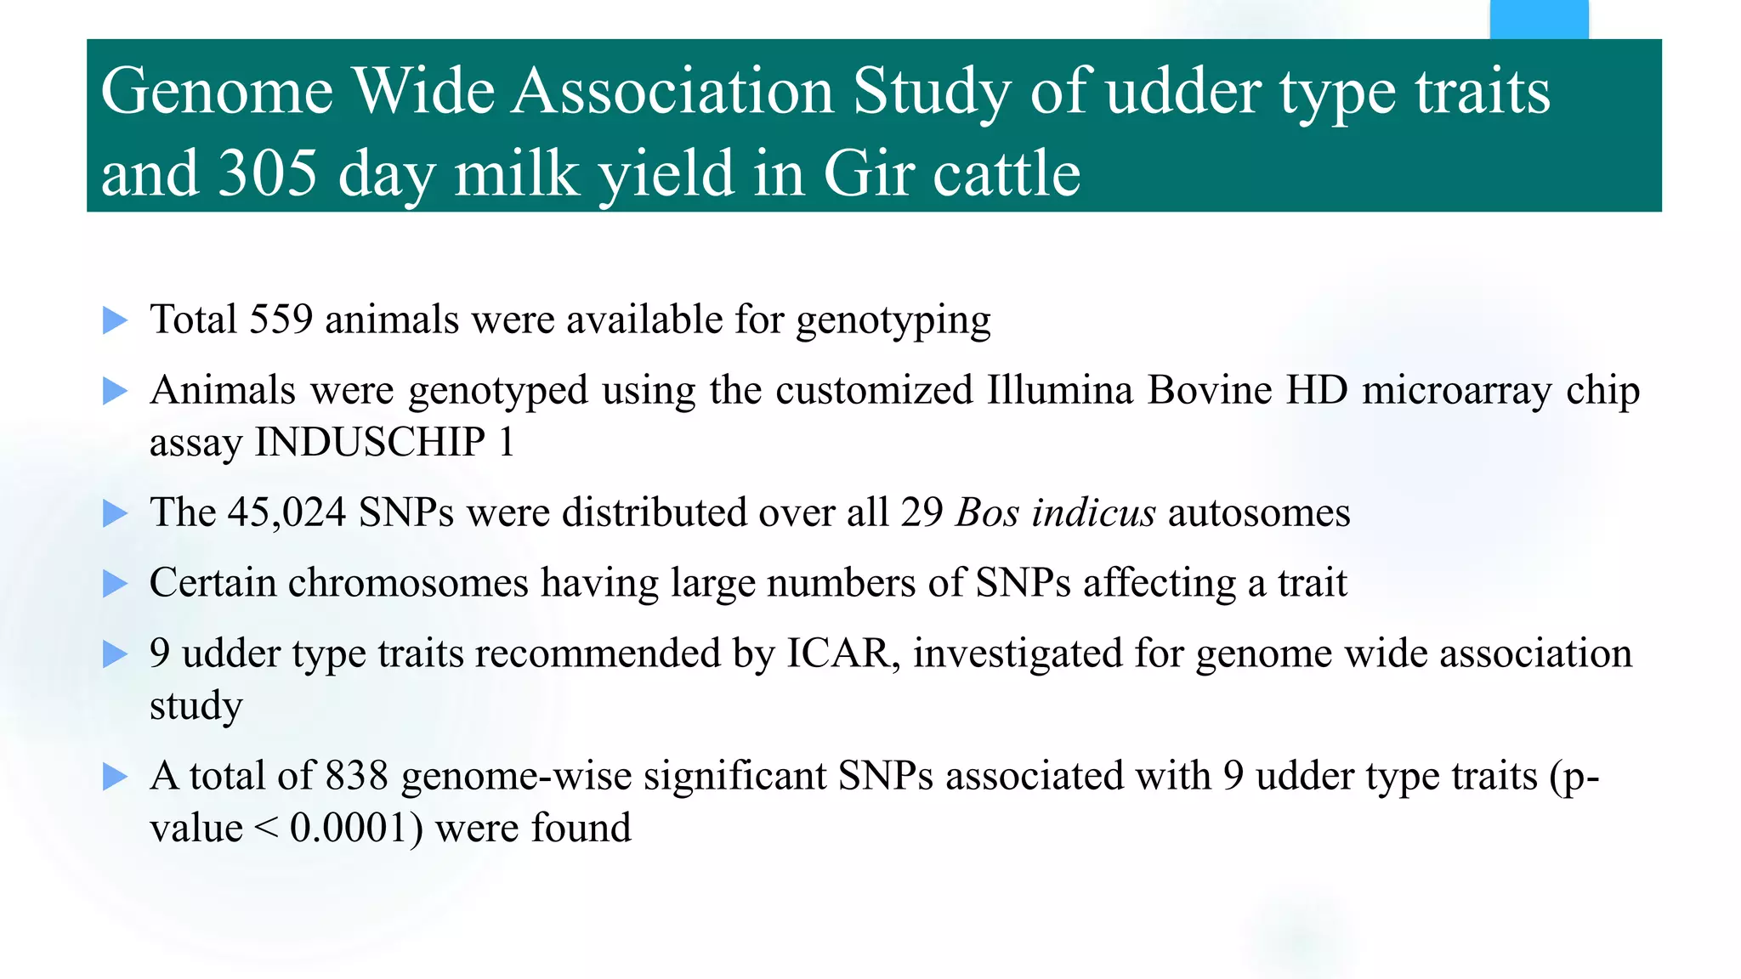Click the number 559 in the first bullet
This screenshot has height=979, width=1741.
tap(281, 320)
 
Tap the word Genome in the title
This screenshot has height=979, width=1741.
tap(217, 91)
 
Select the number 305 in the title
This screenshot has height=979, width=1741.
tap(268, 174)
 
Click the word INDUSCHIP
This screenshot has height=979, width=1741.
tap(370, 443)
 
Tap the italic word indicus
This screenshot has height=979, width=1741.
tap(1093, 513)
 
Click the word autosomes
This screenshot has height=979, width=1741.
tap(1259, 513)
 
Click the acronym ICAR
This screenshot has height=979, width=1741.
tap(837, 654)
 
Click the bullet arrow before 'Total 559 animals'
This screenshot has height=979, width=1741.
tap(115, 321)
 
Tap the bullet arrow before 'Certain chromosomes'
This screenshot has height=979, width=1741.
tap(115, 584)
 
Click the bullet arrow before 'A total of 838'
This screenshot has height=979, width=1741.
tap(115, 777)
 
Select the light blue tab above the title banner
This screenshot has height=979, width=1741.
tap(1539, 19)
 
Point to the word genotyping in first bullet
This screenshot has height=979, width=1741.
tap(893, 321)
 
